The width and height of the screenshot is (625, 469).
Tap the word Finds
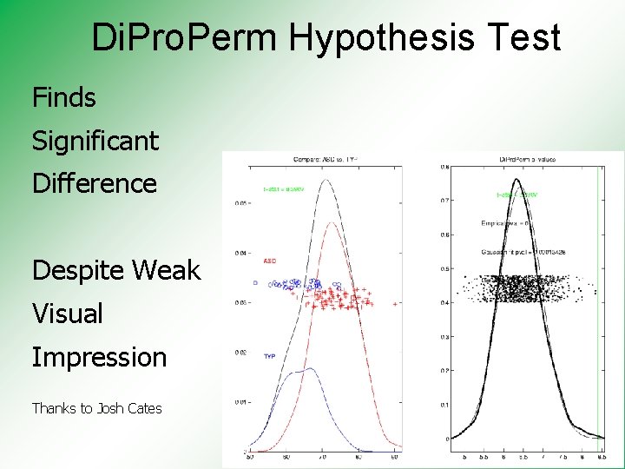pyautogui.click(x=63, y=97)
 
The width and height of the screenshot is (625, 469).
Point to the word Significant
pyautogui.click(x=95, y=141)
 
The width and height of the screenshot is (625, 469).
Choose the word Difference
pyautogui.click(x=94, y=183)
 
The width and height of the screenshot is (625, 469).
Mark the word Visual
pyautogui.click(x=67, y=314)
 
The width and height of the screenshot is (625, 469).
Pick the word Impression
pyautogui.click(x=99, y=357)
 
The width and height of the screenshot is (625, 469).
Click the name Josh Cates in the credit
pyautogui.click(x=129, y=408)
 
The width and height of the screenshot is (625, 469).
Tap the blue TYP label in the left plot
pyautogui.click(x=269, y=356)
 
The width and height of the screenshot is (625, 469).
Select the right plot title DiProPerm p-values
pyautogui.click(x=527, y=160)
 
